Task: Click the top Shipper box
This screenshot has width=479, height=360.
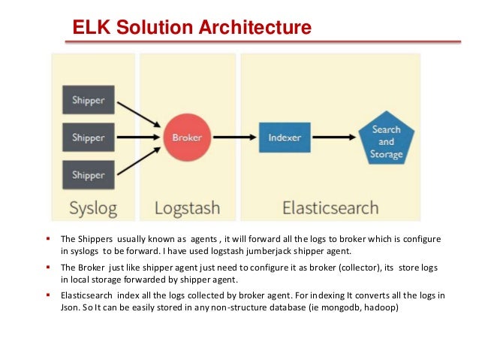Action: click(x=88, y=100)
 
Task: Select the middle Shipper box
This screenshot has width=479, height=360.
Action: click(x=88, y=138)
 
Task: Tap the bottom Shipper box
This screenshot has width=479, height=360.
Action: click(x=88, y=175)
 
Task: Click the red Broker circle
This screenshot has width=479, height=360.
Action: click(x=185, y=138)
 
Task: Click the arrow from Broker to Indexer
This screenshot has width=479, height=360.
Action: click(x=232, y=138)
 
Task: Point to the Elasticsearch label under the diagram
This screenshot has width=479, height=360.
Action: click(x=330, y=207)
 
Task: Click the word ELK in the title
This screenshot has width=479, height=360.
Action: click(x=89, y=29)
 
